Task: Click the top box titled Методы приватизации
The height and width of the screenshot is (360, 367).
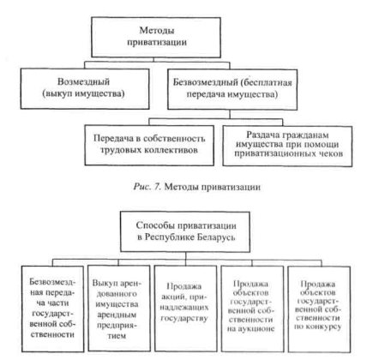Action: click(156, 37)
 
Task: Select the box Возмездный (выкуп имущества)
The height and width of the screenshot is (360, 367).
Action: click(85, 88)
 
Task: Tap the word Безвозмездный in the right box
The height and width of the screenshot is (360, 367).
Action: click(206, 82)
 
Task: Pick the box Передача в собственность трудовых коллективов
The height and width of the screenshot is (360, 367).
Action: click(149, 145)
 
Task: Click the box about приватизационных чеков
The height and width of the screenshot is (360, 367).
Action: click(287, 146)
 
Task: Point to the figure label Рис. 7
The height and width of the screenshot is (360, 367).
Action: click(147, 187)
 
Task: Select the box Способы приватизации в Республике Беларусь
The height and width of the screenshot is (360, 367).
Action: click(185, 231)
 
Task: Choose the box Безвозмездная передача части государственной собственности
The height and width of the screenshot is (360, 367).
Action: click(53, 309)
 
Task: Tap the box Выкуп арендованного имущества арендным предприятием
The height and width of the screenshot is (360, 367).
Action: click(119, 309)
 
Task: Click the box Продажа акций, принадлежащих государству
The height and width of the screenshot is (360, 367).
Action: click(185, 309)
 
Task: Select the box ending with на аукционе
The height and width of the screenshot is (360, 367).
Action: click(252, 309)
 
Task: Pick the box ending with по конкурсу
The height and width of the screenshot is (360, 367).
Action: click(319, 309)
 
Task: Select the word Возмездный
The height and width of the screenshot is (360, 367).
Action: click(83, 81)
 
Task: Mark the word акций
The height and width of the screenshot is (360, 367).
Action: click(171, 297)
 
